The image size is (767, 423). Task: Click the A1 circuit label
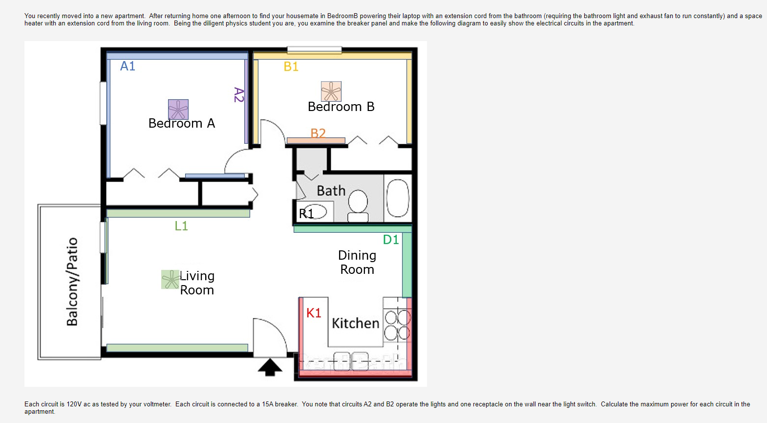click(128, 66)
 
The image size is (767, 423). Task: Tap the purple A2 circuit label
click(238, 95)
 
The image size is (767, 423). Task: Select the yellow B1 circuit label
click(291, 67)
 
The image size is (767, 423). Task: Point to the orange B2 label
click(318, 133)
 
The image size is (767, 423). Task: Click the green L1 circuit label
click(181, 225)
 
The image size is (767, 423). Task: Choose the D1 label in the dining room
click(391, 240)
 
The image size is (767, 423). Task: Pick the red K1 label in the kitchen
click(314, 313)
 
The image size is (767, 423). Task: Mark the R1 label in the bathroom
click(306, 213)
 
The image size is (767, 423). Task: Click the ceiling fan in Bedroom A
click(178, 110)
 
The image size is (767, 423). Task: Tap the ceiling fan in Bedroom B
click(331, 91)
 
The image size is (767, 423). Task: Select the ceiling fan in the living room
click(170, 279)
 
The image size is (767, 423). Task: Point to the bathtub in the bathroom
click(398, 198)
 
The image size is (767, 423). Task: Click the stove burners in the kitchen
click(397, 326)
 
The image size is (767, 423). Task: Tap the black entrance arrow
click(270, 367)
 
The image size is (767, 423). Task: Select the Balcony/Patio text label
click(72, 282)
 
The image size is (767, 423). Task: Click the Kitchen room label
click(356, 323)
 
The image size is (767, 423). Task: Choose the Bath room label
click(331, 191)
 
